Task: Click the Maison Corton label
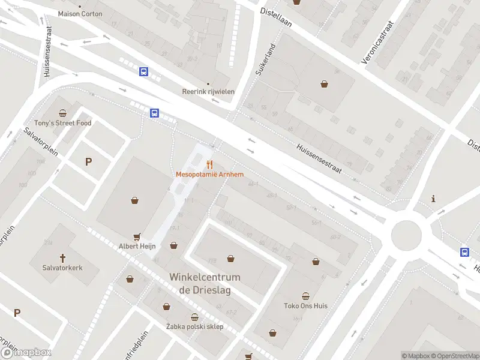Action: (80, 13)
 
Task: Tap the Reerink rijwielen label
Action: (208, 92)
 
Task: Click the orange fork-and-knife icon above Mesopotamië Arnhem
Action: (209, 164)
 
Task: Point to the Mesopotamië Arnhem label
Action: (209, 175)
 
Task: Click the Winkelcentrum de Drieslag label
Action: (205, 283)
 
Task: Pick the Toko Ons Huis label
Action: (305, 305)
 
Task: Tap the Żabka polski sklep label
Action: (194, 326)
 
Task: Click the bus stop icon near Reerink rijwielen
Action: (144, 72)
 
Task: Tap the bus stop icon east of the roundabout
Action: (465, 253)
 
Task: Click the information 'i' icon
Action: (433, 199)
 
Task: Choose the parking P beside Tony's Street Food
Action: (89, 161)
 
